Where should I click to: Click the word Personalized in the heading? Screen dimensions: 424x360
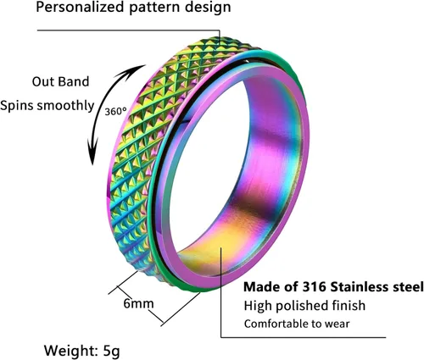pyautogui.click(x=80, y=7)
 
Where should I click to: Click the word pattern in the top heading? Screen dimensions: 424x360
pyautogui.click(x=154, y=8)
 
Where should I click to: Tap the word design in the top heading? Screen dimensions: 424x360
pyautogui.click(x=208, y=7)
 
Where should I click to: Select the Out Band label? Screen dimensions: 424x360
pyautogui.click(x=60, y=81)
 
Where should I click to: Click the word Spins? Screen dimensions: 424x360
pyautogui.click(x=17, y=106)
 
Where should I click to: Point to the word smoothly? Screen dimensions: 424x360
pyautogui.click(x=66, y=106)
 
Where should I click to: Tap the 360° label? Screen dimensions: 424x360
pyautogui.click(x=115, y=112)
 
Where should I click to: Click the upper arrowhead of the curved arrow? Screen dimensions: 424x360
pyautogui.click(x=137, y=69)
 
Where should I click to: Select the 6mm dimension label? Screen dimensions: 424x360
pyautogui.click(x=138, y=304)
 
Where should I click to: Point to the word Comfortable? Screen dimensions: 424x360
pyautogui.click(x=276, y=324)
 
